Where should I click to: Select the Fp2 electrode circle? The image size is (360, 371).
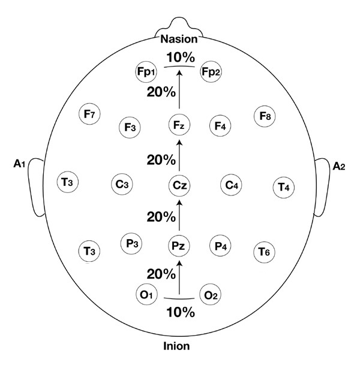tap(211, 72)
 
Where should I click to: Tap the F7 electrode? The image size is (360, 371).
tap(91, 114)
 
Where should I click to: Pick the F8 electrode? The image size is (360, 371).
tap(265, 115)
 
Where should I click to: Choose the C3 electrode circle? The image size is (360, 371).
tap(122, 185)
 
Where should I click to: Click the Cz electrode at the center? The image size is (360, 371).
tap(179, 185)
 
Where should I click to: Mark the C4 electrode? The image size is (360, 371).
tap(232, 185)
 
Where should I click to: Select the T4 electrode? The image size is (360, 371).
tap(283, 187)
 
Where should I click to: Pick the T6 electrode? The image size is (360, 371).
tap(265, 252)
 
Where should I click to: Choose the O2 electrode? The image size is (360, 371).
tap(210, 294)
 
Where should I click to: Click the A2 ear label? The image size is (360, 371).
tap(340, 165)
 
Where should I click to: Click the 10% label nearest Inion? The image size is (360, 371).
tap(180, 312)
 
